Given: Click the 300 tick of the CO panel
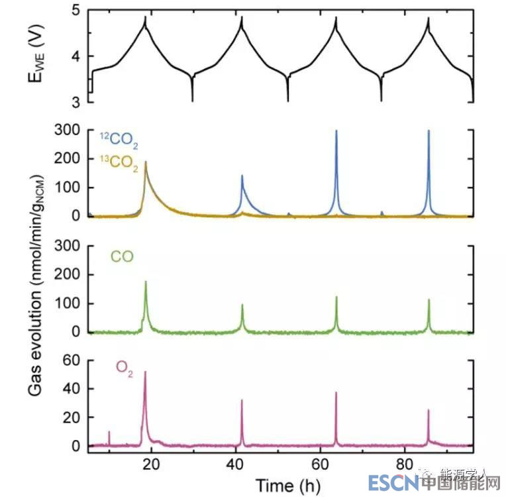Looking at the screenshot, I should pos(67,246).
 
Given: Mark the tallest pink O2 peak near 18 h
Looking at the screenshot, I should pos(145,372).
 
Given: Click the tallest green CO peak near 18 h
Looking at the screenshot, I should pos(146,282).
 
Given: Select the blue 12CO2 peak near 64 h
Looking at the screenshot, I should pos(336,131).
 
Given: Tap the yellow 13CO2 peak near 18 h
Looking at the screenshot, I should pos(146,162).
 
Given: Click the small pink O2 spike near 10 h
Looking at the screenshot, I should pos(109,432).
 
